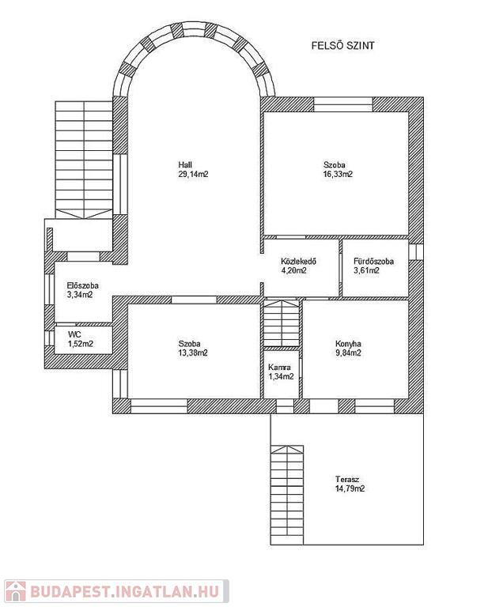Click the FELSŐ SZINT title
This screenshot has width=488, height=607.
pyautogui.click(x=342, y=46)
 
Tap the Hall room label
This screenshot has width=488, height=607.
pyautogui.click(x=185, y=165)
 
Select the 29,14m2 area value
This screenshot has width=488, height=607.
pyautogui.click(x=193, y=174)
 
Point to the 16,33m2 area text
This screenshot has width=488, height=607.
pyautogui.click(x=338, y=174)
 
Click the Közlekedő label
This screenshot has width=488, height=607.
pyautogui.click(x=299, y=262)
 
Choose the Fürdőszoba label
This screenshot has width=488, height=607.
pyautogui.click(x=374, y=262)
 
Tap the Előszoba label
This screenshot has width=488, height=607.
pyautogui.click(x=82, y=285)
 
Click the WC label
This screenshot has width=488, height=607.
pyautogui.click(x=74, y=334)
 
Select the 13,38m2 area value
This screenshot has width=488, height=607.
pyautogui.click(x=193, y=353)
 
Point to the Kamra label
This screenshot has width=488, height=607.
pyautogui.click(x=279, y=368)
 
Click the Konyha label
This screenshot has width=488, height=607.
pyautogui.click(x=348, y=344)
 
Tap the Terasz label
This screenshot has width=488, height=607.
pyautogui.click(x=347, y=479)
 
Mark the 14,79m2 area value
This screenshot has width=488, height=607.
pyautogui.click(x=350, y=488)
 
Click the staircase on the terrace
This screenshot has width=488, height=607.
pyautogui.click(x=286, y=495)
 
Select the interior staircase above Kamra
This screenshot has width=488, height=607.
pyautogui.click(x=282, y=322)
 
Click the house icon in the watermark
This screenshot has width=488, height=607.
pyautogui.click(x=16, y=591)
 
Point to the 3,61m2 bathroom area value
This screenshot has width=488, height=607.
pyautogui.click(x=366, y=270)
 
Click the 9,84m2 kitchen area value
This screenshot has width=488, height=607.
pyautogui.click(x=348, y=353)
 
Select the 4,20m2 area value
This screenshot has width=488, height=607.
pyautogui.click(x=294, y=270)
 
